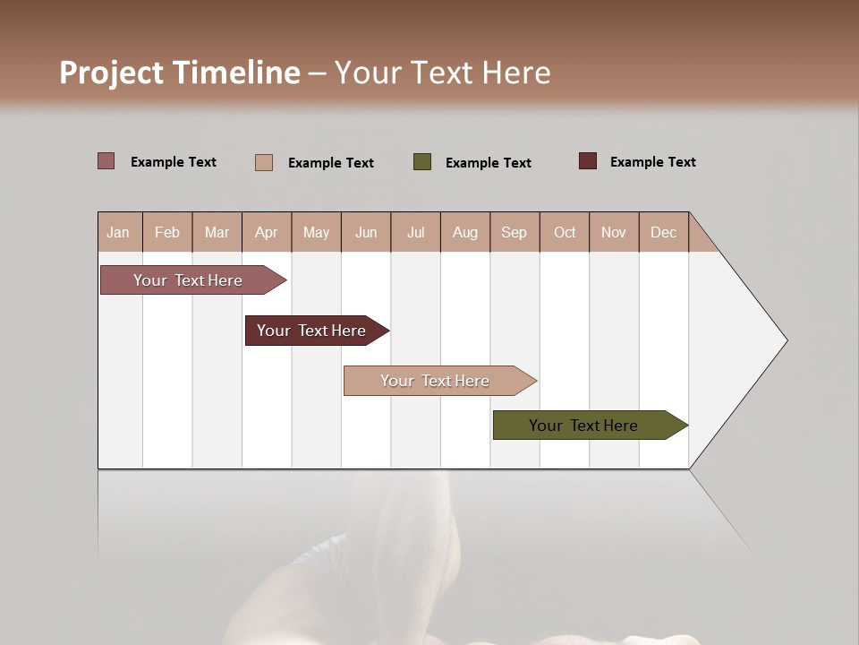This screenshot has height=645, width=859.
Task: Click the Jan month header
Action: [x=118, y=232]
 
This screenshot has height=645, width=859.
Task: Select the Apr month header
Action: [x=266, y=232]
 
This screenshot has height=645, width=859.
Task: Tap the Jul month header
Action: [x=415, y=232]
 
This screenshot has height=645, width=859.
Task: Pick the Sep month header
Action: [x=514, y=232]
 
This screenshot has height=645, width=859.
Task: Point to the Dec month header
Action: [x=663, y=232]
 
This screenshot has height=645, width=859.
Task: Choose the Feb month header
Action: [x=167, y=232]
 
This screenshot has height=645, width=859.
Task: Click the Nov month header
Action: [x=613, y=232]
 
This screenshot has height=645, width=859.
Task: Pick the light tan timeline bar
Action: [x=436, y=381]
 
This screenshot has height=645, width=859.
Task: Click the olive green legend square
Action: [x=422, y=162]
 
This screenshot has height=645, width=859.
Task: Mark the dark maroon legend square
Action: [x=587, y=161]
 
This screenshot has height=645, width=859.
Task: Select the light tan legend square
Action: [x=264, y=162]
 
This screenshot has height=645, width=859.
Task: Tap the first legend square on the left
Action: [x=106, y=161]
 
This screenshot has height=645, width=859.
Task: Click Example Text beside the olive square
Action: [x=488, y=163]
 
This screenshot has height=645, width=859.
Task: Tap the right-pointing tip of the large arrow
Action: [x=785, y=340]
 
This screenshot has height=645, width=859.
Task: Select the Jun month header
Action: [x=366, y=232]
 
